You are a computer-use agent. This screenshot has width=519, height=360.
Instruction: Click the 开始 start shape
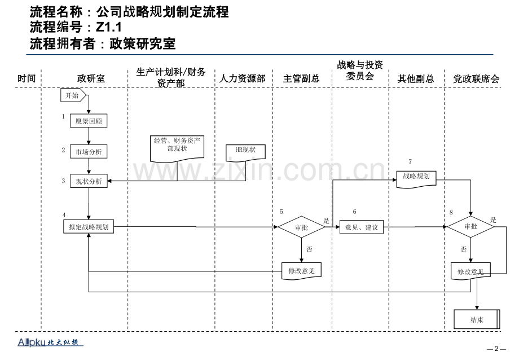tap(73, 95)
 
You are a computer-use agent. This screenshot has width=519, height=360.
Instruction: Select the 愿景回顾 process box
tap(89, 121)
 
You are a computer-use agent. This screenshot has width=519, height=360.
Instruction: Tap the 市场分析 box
tap(89, 152)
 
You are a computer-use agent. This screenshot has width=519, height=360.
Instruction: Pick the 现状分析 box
tap(89, 181)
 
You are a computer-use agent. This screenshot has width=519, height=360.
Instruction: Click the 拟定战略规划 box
tap(89, 227)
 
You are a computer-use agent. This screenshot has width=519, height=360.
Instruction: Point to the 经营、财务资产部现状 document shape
tap(178, 146)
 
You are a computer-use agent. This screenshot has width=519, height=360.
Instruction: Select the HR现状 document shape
tap(245, 150)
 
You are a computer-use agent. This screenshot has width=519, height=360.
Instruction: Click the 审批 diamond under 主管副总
tap(302, 227)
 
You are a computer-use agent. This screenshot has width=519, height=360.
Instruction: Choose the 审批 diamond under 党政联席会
tap(470, 227)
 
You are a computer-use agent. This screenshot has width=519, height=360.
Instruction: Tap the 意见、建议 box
tap(361, 227)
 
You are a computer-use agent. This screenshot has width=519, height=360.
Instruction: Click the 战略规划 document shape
tap(416, 177)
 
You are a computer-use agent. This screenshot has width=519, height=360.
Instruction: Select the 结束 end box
tap(477, 320)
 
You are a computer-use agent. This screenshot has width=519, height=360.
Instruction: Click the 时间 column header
tap(27, 78)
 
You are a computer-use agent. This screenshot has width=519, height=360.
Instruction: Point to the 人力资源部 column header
tap(243, 78)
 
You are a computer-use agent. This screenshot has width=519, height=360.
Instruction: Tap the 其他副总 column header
tap(416, 78)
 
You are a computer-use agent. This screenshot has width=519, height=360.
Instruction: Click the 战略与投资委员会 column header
tap(360, 71)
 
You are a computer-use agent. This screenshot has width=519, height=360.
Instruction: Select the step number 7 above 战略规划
tap(410, 162)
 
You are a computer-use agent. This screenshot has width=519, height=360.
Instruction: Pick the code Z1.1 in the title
tap(108, 27)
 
